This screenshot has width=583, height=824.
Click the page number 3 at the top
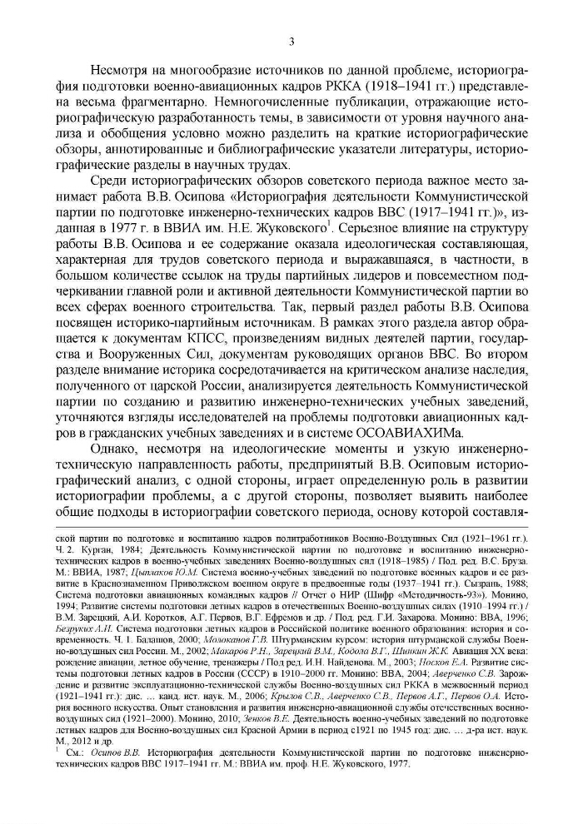pyautogui.click(x=291, y=42)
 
